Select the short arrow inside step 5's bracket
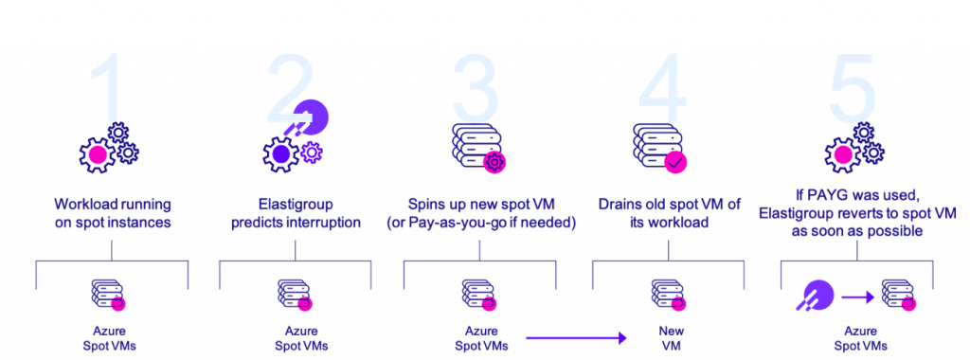tap(858, 297)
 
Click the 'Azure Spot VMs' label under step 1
tap(113, 338)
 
